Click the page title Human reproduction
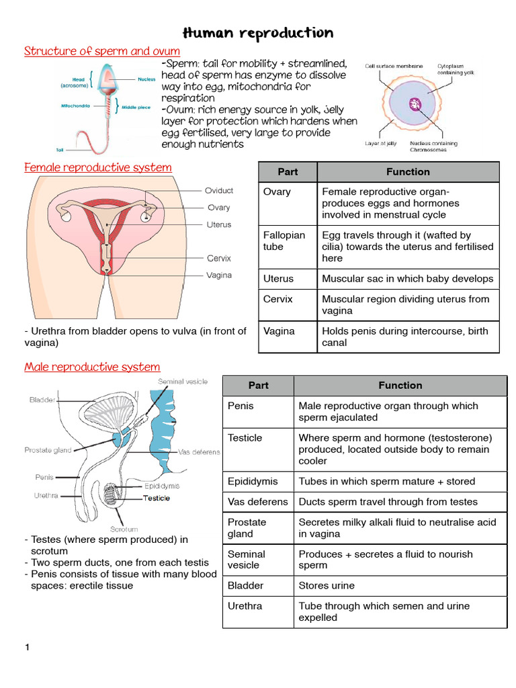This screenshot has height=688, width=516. pyautogui.click(x=258, y=33)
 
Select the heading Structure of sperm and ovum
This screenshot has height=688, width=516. pyautogui.click(x=102, y=52)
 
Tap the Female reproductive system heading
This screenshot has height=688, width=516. pyautogui.click(x=98, y=167)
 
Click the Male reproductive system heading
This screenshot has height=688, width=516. pyautogui.click(x=92, y=367)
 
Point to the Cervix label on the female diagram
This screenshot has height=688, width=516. pyautogui.click(x=219, y=258)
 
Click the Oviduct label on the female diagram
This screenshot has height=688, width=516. pyautogui.click(x=220, y=190)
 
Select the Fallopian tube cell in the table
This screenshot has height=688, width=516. pyautogui.click(x=284, y=241)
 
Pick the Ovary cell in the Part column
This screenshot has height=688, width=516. pyautogui.click(x=277, y=192)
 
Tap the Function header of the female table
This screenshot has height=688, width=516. pyautogui.click(x=408, y=172)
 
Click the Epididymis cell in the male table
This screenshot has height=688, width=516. pyautogui.click(x=253, y=481)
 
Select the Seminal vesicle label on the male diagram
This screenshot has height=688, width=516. pyautogui.click(x=183, y=382)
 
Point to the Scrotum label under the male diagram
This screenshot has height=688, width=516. pyautogui.click(x=124, y=528)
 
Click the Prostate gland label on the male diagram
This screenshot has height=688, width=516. pyautogui.click(x=48, y=450)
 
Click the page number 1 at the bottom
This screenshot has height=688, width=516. pyautogui.click(x=28, y=648)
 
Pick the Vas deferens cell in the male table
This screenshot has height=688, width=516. pyautogui.click(x=258, y=501)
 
